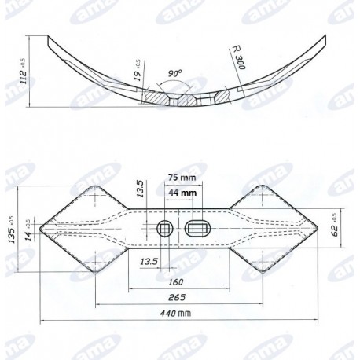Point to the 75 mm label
click(182, 178)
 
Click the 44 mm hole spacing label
click(182, 192)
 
